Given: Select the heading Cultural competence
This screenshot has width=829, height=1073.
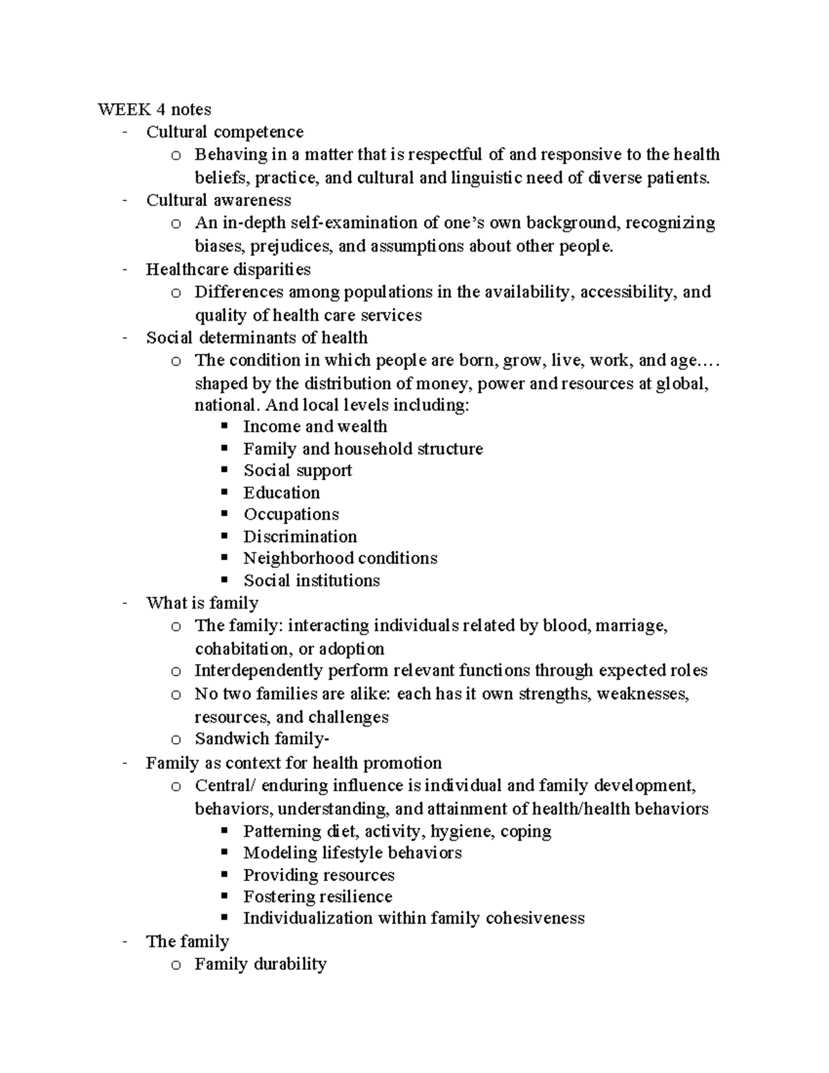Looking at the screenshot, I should point(225,131).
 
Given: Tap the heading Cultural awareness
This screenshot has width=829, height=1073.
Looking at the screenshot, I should point(218,200).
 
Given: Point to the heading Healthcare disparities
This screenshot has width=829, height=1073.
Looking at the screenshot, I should point(228,269).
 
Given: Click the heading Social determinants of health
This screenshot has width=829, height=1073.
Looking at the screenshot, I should point(256,337).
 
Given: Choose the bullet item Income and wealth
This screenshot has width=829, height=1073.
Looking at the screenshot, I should point(315,426).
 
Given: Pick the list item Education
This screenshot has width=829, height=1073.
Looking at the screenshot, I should point(281,493).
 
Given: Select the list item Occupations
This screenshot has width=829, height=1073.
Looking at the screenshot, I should point(291,514).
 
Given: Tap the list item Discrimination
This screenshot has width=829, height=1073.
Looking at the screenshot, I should point(300,536).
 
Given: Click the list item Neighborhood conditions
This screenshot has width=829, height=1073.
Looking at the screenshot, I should point(340,558).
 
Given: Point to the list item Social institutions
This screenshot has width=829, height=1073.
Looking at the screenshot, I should point(312,580).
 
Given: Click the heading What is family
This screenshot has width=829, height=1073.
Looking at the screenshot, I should point(202,602).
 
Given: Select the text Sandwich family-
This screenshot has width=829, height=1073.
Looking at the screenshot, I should point(262,739).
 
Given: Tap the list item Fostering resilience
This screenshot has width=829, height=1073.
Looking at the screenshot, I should point(318,896).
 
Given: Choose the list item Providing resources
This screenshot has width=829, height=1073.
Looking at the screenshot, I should point(318,875).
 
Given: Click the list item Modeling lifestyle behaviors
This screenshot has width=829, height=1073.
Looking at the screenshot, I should point(352,853).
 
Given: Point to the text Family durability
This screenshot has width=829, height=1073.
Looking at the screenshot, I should point(260,964).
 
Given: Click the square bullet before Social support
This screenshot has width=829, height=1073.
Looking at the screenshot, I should point(224,470).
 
